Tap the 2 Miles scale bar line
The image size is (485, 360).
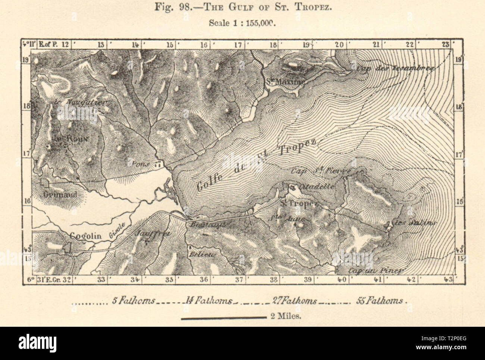(x=223, y=318)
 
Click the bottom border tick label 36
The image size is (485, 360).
(x=204, y=279)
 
